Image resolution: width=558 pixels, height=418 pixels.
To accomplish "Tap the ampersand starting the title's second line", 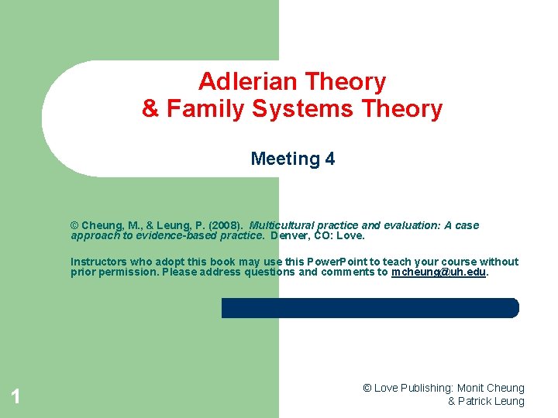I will click(150, 109).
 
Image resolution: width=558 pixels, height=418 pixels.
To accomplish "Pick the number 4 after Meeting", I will click(331, 159).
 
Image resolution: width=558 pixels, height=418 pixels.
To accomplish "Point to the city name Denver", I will click(289, 235).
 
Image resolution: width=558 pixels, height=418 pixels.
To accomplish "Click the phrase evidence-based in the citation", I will click(163, 235).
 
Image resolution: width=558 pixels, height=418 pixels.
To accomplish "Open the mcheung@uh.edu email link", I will click(439, 272).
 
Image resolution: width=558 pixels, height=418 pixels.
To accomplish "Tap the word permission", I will click(126, 272).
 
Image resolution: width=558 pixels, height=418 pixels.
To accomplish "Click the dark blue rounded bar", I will click(370, 307).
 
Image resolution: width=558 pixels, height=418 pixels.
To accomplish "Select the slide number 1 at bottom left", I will click(15, 398).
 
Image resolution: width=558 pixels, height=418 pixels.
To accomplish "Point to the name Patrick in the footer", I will click(476, 401).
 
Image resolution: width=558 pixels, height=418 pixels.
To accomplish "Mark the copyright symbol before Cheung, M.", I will click(75, 225).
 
